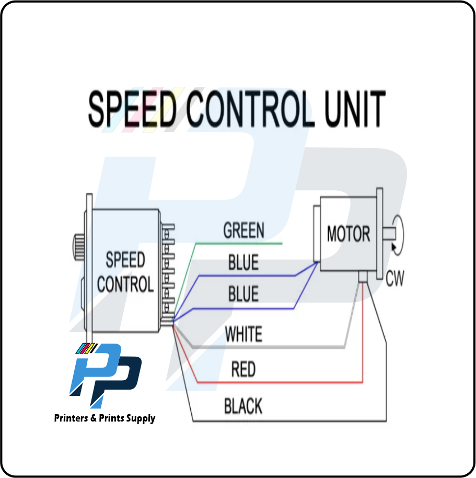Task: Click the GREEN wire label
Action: [243, 231]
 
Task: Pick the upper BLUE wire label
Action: [243, 263]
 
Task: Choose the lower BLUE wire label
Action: [243, 294]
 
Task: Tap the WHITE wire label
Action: [243, 334]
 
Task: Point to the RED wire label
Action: [243, 370]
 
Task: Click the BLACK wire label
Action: [243, 406]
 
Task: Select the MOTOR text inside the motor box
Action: [349, 234]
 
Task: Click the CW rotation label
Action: [395, 279]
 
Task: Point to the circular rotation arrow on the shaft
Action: [399, 234]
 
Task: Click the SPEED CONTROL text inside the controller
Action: [125, 272]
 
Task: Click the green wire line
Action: [240, 243]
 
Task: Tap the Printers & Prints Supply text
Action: [105, 418]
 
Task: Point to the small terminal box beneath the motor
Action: [364, 276]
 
